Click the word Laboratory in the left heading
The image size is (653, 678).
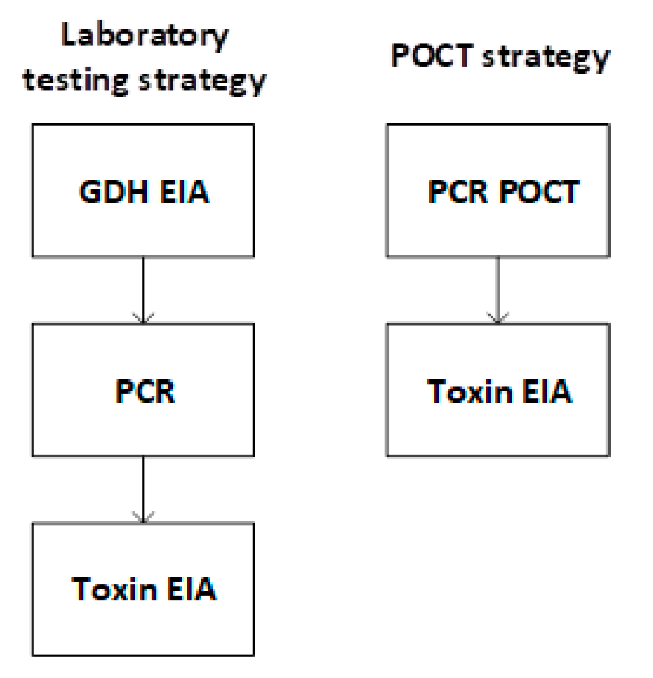coord(144,36)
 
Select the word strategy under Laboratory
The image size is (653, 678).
coord(202,81)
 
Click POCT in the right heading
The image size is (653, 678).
coord(432,56)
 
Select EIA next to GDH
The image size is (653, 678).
coord(184,191)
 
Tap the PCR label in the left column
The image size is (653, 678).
coord(145,391)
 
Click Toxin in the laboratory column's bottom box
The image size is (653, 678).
coord(114,589)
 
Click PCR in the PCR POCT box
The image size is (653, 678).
coord(458,191)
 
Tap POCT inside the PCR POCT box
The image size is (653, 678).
coord(539,191)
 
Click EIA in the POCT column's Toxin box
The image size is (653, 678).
coord(547,391)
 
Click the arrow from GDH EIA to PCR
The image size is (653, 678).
coord(143,289)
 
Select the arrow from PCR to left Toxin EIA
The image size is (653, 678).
coord(143,487)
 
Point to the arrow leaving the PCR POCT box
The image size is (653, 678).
coord(498,289)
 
